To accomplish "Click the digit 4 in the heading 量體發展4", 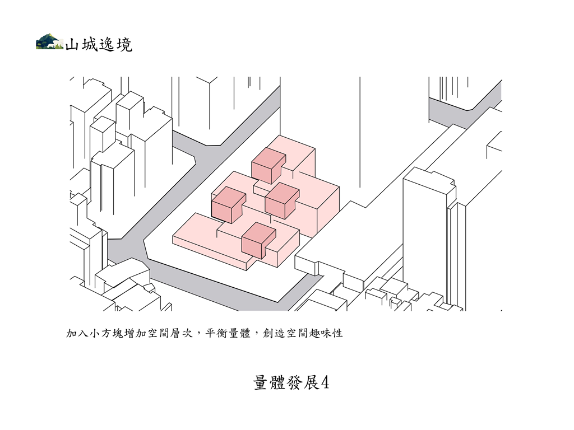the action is (325, 383).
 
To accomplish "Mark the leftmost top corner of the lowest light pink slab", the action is (173, 236).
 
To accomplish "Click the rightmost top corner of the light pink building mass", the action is (339, 188).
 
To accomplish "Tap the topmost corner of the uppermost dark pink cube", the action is (266, 148).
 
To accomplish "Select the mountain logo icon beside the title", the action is (50, 41).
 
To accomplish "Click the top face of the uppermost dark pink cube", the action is (269, 157).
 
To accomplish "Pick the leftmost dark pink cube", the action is (229, 205).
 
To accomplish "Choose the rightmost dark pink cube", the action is (283, 201).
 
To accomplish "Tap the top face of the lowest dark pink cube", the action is (259, 231).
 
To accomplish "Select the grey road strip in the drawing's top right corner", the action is (465, 104).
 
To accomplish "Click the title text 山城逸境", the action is (99, 45).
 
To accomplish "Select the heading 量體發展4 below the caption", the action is (291, 383).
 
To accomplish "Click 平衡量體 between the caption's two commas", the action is (228, 333).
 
